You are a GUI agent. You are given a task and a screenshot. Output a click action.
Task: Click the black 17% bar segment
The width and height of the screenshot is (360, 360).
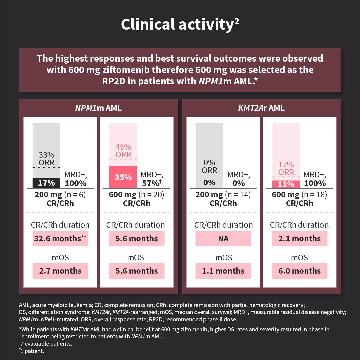(x=46, y=183)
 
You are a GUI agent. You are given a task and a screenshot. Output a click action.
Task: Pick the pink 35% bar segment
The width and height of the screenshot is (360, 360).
(x=123, y=177)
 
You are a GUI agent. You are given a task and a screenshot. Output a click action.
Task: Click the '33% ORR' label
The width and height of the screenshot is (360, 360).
(x=46, y=159)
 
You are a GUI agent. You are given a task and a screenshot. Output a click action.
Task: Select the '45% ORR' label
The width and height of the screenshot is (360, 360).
(x=123, y=151)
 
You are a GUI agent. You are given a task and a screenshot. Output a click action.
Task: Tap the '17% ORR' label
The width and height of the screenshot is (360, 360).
(x=286, y=168)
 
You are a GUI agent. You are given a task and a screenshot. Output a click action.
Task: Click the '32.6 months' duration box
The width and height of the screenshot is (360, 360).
(x=60, y=239)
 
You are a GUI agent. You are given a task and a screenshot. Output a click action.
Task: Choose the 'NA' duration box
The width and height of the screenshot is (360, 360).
(x=223, y=239)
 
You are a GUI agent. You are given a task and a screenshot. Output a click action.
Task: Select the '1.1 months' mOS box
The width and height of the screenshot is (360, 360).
(x=223, y=271)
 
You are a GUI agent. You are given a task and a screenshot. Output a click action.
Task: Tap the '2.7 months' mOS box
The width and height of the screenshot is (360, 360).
(x=60, y=271)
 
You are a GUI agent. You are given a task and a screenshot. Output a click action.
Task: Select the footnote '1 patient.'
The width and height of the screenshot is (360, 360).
(x=36, y=351)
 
